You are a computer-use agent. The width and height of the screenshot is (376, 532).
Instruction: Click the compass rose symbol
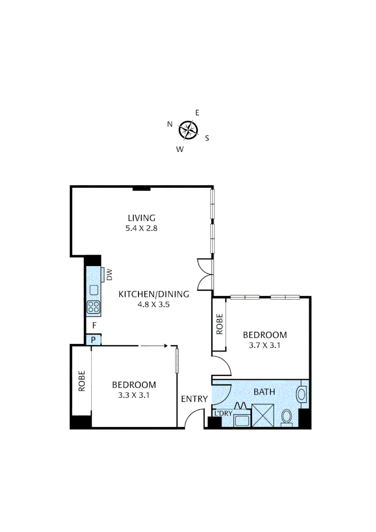pyautogui.click(x=188, y=130)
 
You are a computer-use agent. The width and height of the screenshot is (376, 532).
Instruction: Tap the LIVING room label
pyautogui.click(x=141, y=218)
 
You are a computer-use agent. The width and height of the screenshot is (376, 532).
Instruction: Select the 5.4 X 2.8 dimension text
pyautogui.click(x=141, y=228)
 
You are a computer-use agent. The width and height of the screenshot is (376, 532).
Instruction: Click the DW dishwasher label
pyautogui.click(x=109, y=274)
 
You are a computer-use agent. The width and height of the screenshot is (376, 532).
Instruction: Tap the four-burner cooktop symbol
pyautogui.click(x=94, y=307)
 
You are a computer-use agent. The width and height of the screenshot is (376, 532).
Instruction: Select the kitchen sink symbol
pyautogui.click(x=94, y=290)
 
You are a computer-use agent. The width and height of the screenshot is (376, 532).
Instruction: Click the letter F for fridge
pyautogui.click(x=94, y=326)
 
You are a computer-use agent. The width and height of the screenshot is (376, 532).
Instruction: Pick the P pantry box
pyautogui.click(x=93, y=339)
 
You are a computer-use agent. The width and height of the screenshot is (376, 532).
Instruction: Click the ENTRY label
pyautogui.click(x=194, y=399)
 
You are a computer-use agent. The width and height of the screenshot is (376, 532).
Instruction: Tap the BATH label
pyautogui.click(x=264, y=392)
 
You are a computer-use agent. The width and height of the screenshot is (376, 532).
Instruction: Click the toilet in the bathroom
pyautogui.click(x=286, y=418)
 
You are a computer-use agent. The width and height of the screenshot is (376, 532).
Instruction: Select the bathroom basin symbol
pyautogui.click(x=302, y=394)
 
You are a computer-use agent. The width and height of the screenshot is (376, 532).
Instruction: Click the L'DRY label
pyautogui.click(x=222, y=413)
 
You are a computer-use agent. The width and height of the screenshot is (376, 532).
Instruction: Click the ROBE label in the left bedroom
pyautogui.click(x=82, y=381)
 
